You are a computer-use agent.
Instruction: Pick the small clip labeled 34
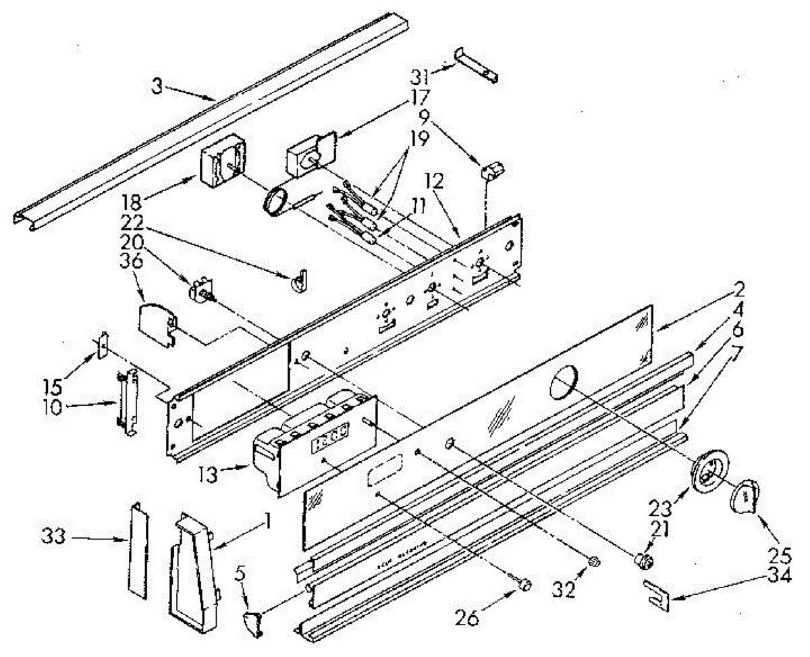[656, 594]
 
